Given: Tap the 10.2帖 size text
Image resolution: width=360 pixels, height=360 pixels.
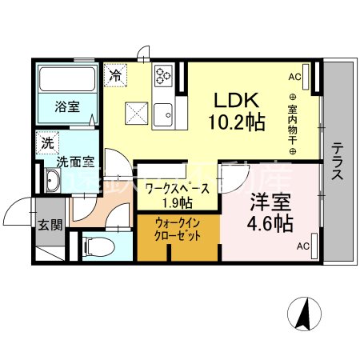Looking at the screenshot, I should (238, 123).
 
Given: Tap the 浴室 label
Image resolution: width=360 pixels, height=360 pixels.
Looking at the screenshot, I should (67, 106).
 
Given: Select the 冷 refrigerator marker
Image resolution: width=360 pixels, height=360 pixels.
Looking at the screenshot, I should (116, 78).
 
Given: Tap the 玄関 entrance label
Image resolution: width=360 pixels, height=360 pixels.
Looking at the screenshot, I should (49, 225).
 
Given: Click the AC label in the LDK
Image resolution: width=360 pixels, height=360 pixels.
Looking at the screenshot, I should (294, 77).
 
